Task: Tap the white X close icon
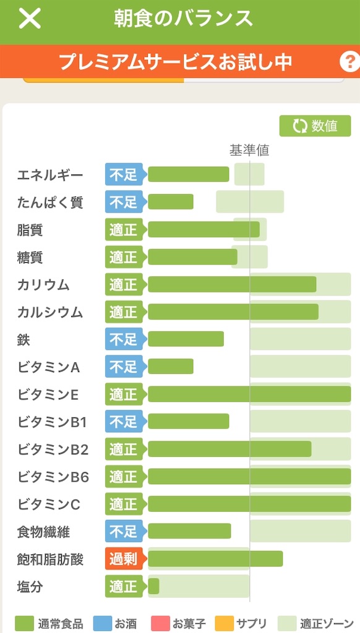pyautogui.click(x=30, y=19)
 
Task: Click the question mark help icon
pyautogui.click(x=350, y=62)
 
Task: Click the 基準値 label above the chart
pyautogui.click(x=249, y=150)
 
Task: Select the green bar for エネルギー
pyautogui.click(x=188, y=174)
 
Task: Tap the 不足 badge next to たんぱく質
pyautogui.click(x=124, y=202)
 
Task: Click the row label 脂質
pyautogui.click(x=30, y=230)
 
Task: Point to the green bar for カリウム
pyautogui.click(x=232, y=284)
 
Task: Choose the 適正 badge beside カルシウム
pyautogui.click(x=124, y=312)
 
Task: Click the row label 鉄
pyautogui.click(x=24, y=339)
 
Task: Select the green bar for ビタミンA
pyautogui.click(x=171, y=367)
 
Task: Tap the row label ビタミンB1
pyautogui.click(x=52, y=422)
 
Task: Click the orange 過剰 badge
pyautogui.click(x=124, y=559)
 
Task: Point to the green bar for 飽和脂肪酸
pyautogui.click(x=215, y=559)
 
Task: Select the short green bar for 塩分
pyautogui.click(x=153, y=587)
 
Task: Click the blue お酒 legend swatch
pyautogui.click(x=103, y=623)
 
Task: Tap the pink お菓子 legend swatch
pyautogui.click(x=160, y=623)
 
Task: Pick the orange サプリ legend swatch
pyautogui.click(x=225, y=623)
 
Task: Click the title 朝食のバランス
pyautogui.click(x=183, y=19)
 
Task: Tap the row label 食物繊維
pyautogui.click(x=43, y=532)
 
